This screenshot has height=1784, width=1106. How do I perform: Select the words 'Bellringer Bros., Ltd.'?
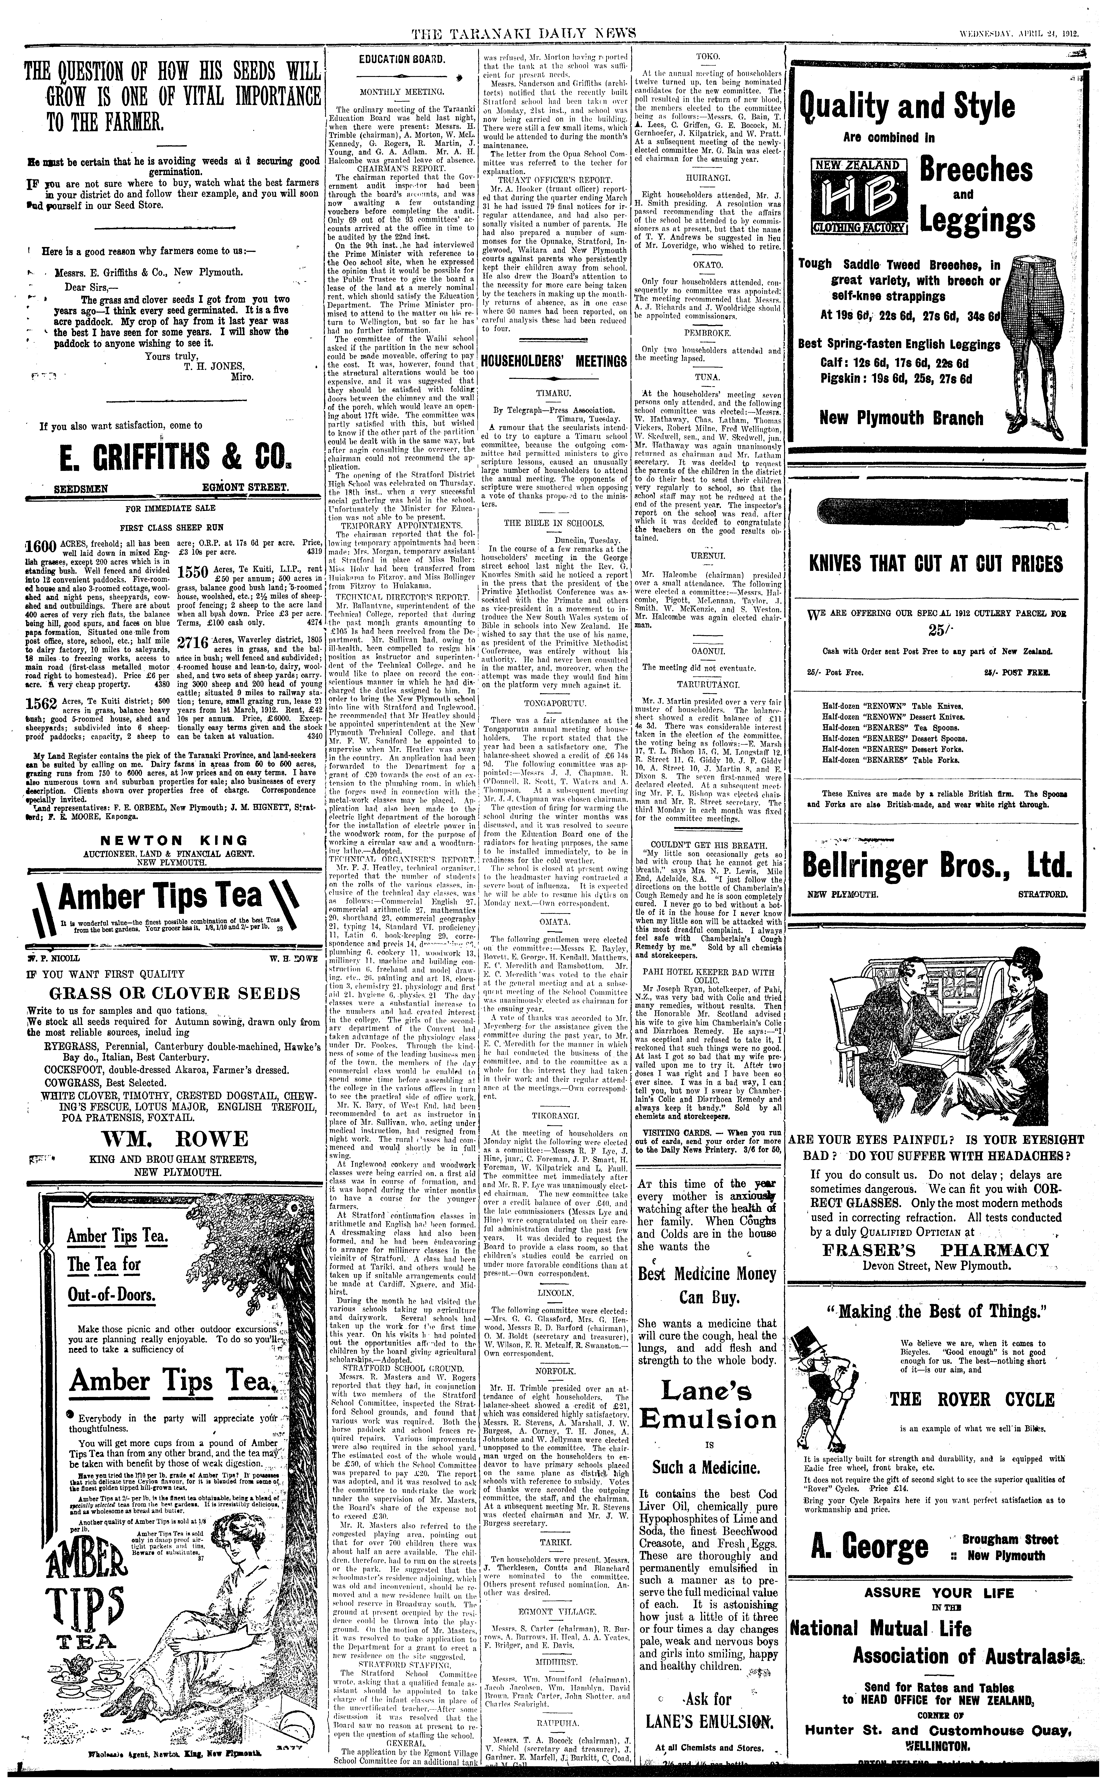[938, 866]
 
